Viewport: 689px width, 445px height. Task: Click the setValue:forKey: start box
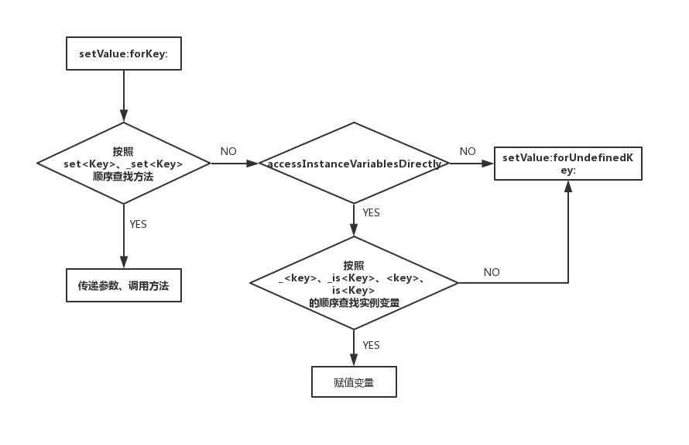tap(124, 53)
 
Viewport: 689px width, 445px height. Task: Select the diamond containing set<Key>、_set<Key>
tap(123, 163)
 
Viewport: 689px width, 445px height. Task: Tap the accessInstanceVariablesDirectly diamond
tap(354, 164)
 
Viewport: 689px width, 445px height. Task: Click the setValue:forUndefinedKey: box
tap(567, 164)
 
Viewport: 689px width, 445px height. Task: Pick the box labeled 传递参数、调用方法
tap(123, 285)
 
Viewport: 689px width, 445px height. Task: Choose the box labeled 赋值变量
tap(354, 382)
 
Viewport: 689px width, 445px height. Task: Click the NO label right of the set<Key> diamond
tap(228, 152)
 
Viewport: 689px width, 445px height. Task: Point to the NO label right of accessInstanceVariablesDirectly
tap(468, 152)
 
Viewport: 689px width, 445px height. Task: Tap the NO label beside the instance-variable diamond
tap(492, 272)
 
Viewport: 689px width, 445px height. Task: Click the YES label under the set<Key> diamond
tap(138, 224)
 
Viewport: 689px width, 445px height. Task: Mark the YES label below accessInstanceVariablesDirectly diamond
tap(372, 212)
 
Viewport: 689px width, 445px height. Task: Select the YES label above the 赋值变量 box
tap(372, 345)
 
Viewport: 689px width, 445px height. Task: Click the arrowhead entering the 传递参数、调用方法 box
tap(124, 263)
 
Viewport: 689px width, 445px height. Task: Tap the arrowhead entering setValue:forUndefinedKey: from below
tap(568, 186)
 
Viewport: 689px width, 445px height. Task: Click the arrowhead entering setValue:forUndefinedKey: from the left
tap(488, 164)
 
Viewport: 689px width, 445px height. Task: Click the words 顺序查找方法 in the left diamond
tap(123, 177)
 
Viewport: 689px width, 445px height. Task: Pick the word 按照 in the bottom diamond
tap(354, 265)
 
